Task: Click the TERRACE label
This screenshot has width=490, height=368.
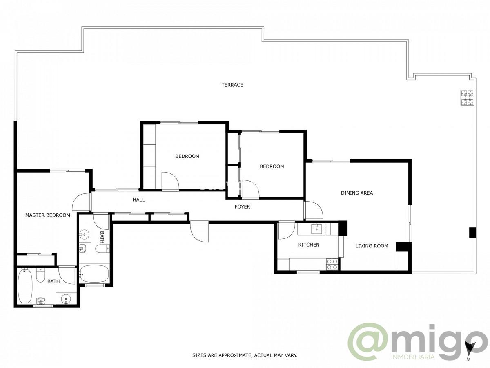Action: pos(232,85)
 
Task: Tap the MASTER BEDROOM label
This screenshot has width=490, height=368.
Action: pos(47,215)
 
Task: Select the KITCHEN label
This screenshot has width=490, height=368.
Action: pos(309,245)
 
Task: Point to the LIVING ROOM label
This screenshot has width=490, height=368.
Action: pos(372,246)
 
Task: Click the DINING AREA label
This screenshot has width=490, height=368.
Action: pos(357,193)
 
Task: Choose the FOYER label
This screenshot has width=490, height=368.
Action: pos(242,206)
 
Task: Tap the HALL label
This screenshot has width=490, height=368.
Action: pos(138,200)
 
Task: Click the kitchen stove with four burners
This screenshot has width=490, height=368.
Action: pos(332,264)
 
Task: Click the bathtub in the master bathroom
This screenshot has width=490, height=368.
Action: pos(24,287)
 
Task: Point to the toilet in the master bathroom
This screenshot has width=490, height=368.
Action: pos(40,276)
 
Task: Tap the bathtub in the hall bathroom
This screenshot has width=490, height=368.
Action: pos(94,274)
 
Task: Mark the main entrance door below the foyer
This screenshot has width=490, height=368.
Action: pos(199,232)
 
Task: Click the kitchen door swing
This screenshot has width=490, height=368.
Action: pos(287,230)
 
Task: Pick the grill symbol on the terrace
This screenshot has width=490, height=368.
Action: pos(467,98)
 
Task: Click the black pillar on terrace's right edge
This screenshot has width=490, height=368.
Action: pos(472,232)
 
